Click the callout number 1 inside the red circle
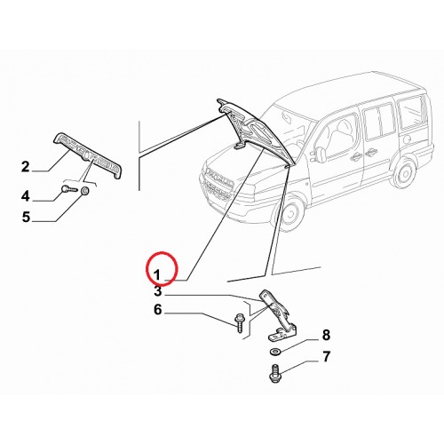157,275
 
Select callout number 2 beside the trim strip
26,167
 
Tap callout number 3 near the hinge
158,291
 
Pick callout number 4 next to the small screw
26,196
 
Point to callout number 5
26,217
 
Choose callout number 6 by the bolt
158,310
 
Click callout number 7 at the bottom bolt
326,357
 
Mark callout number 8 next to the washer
326,336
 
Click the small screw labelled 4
69,188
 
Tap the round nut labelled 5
85,192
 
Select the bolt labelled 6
239,323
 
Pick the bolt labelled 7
275,373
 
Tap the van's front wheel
290,212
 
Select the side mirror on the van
321,153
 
